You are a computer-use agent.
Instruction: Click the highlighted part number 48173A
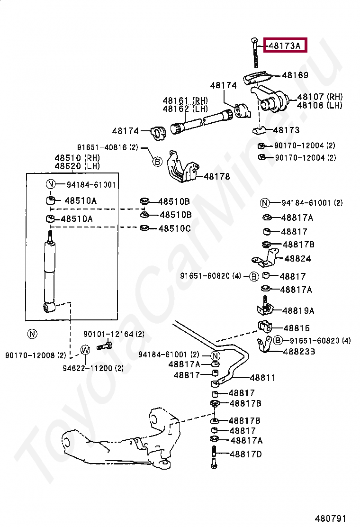pos(285,45)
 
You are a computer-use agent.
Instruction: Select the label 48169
pos(295,75)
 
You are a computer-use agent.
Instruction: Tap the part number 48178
pos(216,176)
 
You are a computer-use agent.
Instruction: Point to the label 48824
pos(298,259)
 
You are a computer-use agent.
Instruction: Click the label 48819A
pos(298,311)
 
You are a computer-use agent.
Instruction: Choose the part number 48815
pos(297,328)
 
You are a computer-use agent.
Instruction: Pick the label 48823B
pos(299,352)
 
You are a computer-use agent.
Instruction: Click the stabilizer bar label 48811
pos(262,378)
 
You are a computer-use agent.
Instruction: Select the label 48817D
pos(246,454)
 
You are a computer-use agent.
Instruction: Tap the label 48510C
pos(174,228)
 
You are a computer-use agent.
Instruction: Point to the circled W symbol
pos(85,350)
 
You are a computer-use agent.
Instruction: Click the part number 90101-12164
pos(108,334)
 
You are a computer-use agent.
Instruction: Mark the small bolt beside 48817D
pos(214,457)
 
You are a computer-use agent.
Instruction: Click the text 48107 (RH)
pos(320,97)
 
